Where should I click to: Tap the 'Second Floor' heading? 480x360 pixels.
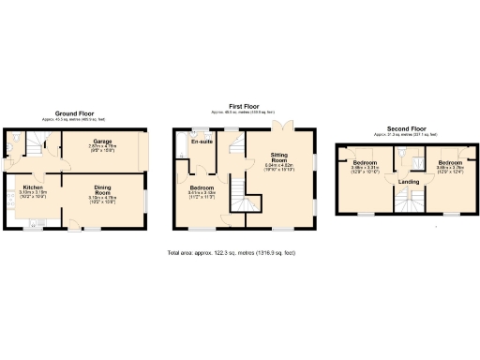[406, 127]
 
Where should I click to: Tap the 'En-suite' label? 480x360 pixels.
[201, 142]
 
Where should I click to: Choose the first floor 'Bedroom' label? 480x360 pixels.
[202, 187]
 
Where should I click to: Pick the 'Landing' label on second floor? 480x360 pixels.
[409, 181]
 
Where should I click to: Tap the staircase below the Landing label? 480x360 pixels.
[408, 201]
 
